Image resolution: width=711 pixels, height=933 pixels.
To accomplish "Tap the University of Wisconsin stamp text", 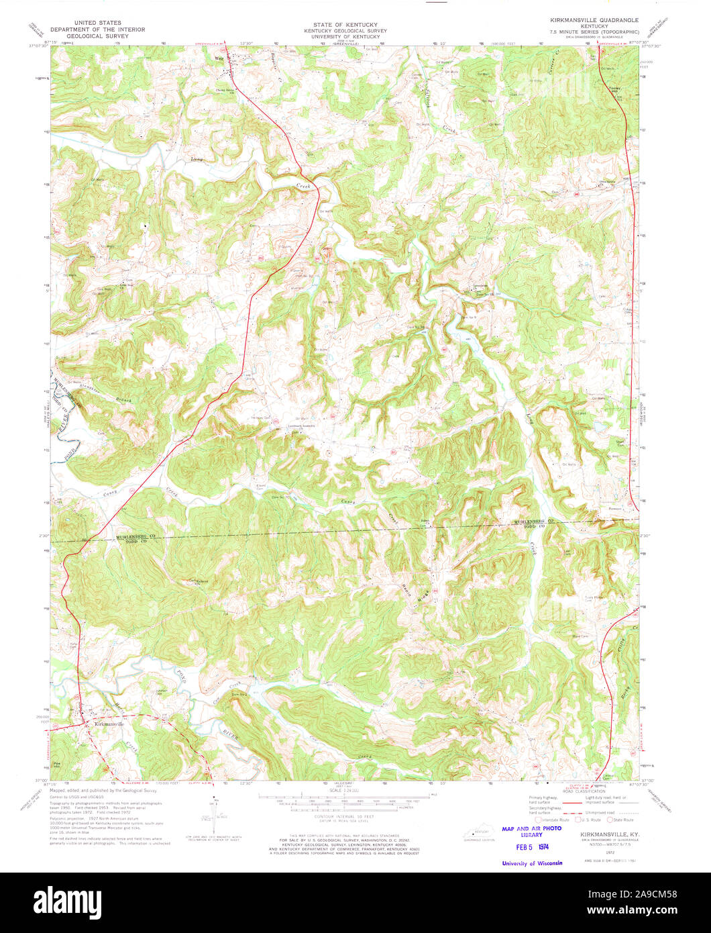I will point(532,863).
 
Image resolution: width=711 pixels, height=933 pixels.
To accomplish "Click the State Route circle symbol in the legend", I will point(610,820).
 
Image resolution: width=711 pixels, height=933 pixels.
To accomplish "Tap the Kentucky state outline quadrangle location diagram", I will point(476,832).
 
